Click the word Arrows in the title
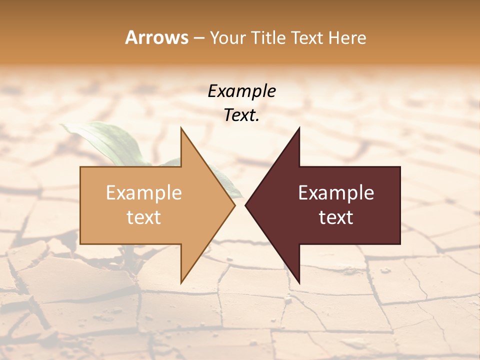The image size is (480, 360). [156, 37]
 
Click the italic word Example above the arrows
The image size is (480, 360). [242, 91]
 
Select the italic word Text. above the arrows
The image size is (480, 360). [242, 115]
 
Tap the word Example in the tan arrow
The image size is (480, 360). [144, 193]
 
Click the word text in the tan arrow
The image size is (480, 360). [144, 217]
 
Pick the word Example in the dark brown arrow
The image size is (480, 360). [336, 193]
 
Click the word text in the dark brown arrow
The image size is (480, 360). [336, 217]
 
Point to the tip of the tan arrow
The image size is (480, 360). [234, 205]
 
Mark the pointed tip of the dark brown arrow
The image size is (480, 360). [245, 205]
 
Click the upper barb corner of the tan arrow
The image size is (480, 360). [181, 128]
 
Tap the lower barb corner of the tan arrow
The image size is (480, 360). [181, 282]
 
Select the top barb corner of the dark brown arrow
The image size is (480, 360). [299, 128]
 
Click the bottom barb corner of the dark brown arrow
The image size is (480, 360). [299, 282]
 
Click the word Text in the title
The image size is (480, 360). [307, 38]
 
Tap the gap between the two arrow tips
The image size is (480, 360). [240, 205]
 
